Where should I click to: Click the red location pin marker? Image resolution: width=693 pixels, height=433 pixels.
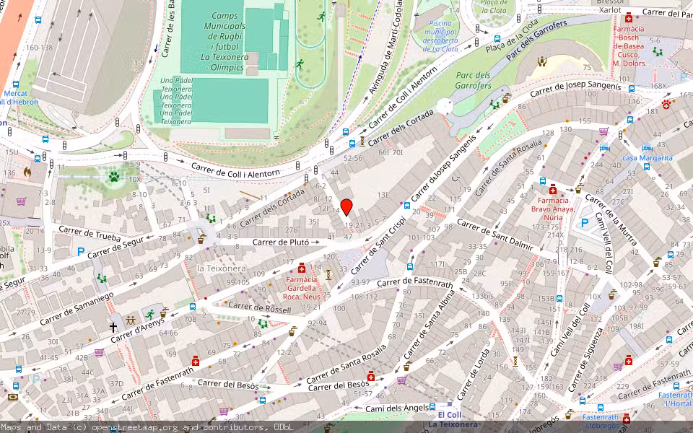point(346,207)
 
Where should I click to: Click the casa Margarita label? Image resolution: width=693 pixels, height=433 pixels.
point(647,158)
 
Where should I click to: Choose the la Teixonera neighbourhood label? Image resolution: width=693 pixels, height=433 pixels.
point(222,268)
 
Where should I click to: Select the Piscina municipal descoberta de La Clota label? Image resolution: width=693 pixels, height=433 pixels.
point(439,36)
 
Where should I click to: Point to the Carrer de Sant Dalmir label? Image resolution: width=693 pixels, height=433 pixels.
point(494,236)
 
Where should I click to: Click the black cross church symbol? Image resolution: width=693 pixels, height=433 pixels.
point(113,327)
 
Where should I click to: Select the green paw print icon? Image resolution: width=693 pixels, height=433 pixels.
point(113,175)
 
